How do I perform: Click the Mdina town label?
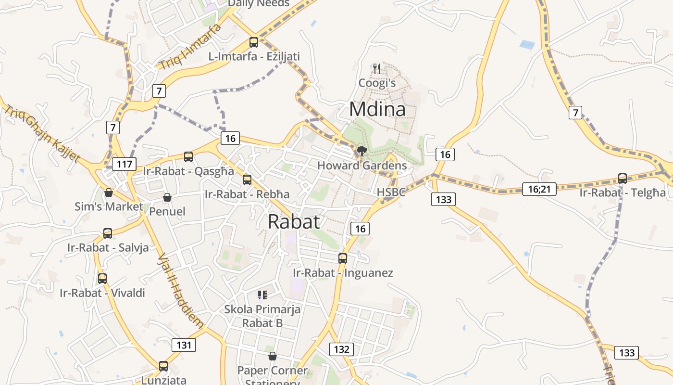pyautogui.click(x=377, y=109)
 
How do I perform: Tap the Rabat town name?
pyautogui.click(x=294, y=221)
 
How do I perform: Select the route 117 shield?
pyautogui.click(x=125, y=164)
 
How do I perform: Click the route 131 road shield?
pyautogui.click(x=184, y=345)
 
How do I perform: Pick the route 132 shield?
pyautogui.click(x=341, y=349)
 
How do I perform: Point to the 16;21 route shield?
pyautogui.click(x=539, y=189)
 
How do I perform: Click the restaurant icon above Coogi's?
pyautogui.click(x=377, y=69)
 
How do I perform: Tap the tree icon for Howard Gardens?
pyautogui.click(x=361, y=152)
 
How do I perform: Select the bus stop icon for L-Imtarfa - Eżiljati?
pyautogui.click(x=254, y=42)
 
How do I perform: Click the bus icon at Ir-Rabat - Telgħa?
pyautogui.click(x=623, y=179)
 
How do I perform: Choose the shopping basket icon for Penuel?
pyautogui.click(x=167, y=197)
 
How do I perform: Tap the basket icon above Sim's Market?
pyautogui.click(x=109, y=192)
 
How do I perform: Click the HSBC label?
pyautogui.click(x=391, y=192)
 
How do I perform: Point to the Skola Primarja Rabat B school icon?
pyautogui.click(x=262, y=295)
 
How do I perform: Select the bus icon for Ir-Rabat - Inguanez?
pyautogui.click(x=343, y=258)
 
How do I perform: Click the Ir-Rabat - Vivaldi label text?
pyautogui.click(x=102, y=293)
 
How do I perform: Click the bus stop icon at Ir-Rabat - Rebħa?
pyautogui.click(x=247, y=180)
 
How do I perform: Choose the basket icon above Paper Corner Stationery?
pyautogui.click(x=273, y=356)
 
